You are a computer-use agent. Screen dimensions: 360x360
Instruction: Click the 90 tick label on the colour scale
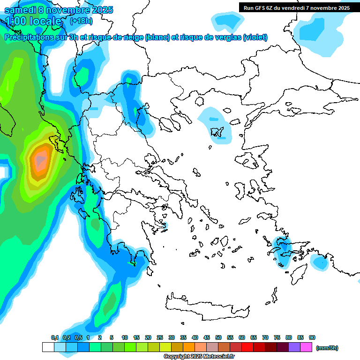[312, 337]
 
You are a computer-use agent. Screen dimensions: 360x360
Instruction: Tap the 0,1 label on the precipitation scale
[54, 337]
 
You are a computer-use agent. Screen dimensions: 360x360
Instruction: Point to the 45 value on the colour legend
[207, 337]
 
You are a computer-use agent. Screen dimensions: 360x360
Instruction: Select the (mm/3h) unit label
[327, 348]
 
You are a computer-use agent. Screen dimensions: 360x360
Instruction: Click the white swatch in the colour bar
[48, 347]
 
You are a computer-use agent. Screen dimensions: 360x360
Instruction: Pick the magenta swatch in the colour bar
[306, 347]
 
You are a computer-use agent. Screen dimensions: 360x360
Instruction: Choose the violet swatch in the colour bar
[294, 347]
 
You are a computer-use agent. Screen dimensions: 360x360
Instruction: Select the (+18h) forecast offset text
[81, 21]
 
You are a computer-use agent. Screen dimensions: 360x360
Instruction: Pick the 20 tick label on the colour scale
[148, 337]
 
